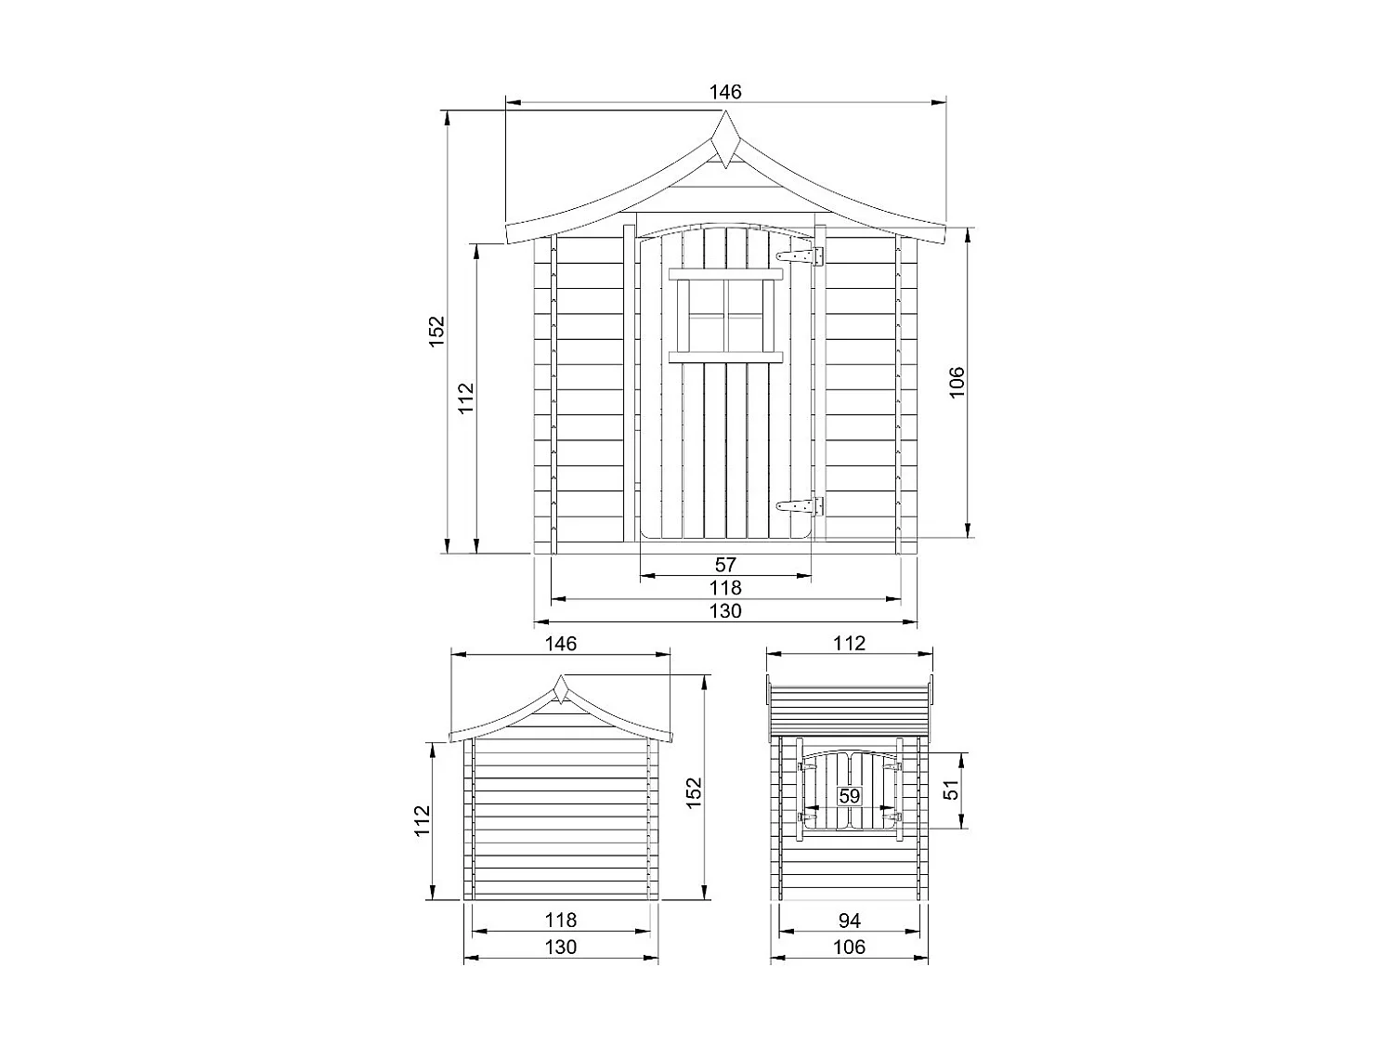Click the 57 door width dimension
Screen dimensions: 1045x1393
click(x=725, y=564)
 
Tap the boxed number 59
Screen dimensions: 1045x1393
click(x=849, y=796)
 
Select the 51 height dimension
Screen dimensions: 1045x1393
click(x=950, y=790)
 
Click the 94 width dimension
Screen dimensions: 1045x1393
click(x=849, y=921)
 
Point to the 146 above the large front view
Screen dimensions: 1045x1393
click(x=725, y=91)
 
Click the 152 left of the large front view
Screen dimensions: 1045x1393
click(x=436, y=332)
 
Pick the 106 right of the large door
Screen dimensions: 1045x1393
click(x=957, y=382)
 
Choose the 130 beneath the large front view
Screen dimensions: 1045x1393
click(x=725, y=611)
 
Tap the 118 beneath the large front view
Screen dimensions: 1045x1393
click(x=725, y=588)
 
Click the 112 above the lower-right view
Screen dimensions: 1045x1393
click(x=849, y=643)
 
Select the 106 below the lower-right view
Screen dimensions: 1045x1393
click(x=849, y=947)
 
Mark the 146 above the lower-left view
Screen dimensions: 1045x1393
click(x=561, y=643)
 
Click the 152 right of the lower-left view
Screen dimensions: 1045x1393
click(x=694, y=792)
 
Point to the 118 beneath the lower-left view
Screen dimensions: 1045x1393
click(x=561, y=921)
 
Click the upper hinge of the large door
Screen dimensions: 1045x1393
click(x=801, y=255)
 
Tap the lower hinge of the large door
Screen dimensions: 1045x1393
click(x=801, y=506)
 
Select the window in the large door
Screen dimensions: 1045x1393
click(x=725, y=315)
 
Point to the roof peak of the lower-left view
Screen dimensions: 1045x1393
click(x=561, y=684)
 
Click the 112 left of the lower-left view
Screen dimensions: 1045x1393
click(x=423, y=820)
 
